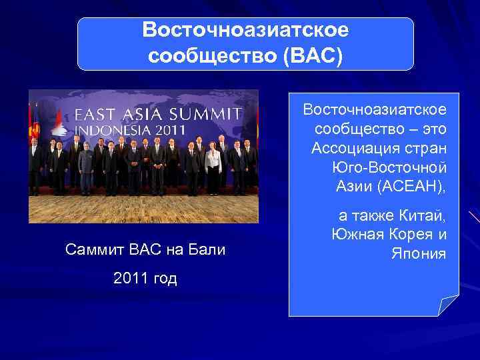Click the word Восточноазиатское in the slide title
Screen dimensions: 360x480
(x=245, y=30)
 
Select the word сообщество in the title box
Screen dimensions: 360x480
(x=213, y=55)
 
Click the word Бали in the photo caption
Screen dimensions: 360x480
(x=209, y=251)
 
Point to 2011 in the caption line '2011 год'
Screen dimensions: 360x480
(x=130, y=279)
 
